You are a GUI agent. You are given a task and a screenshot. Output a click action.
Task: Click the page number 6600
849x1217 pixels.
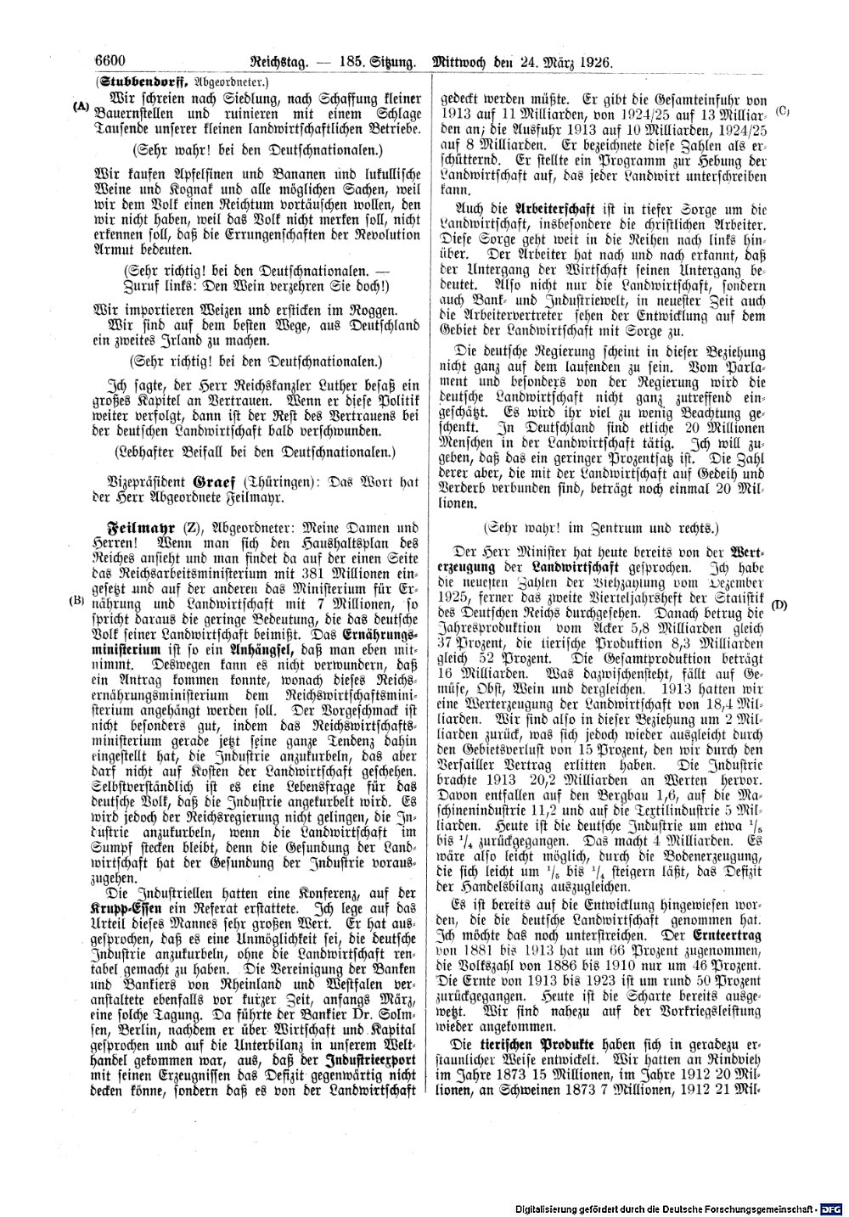click(x=110, y=61)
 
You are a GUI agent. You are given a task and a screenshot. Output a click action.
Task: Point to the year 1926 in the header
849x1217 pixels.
click(x=595, y=62)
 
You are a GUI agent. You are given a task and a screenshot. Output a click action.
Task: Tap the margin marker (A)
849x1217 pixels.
click(x=82, y=107)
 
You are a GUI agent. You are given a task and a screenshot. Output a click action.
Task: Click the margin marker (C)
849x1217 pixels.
click(x=783, y=110)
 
